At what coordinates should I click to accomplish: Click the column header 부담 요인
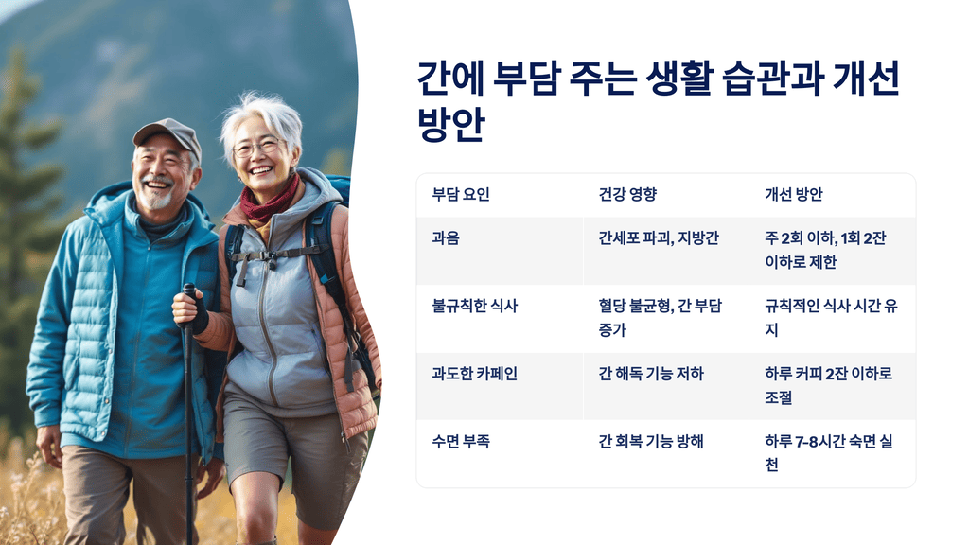pyautogui.click(x=461, y=195)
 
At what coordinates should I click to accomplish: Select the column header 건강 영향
pyautogui.click(x=627, y=195)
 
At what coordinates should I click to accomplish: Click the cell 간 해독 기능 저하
pyautogui.click(x=651, y=374)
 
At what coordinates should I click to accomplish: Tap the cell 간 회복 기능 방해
pyautogui.click(x=651, y=441)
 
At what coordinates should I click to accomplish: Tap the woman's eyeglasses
pyautogui.click(x=256, y=148)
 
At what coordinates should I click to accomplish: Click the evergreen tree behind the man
pyautogui.click(x=28, y=189)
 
